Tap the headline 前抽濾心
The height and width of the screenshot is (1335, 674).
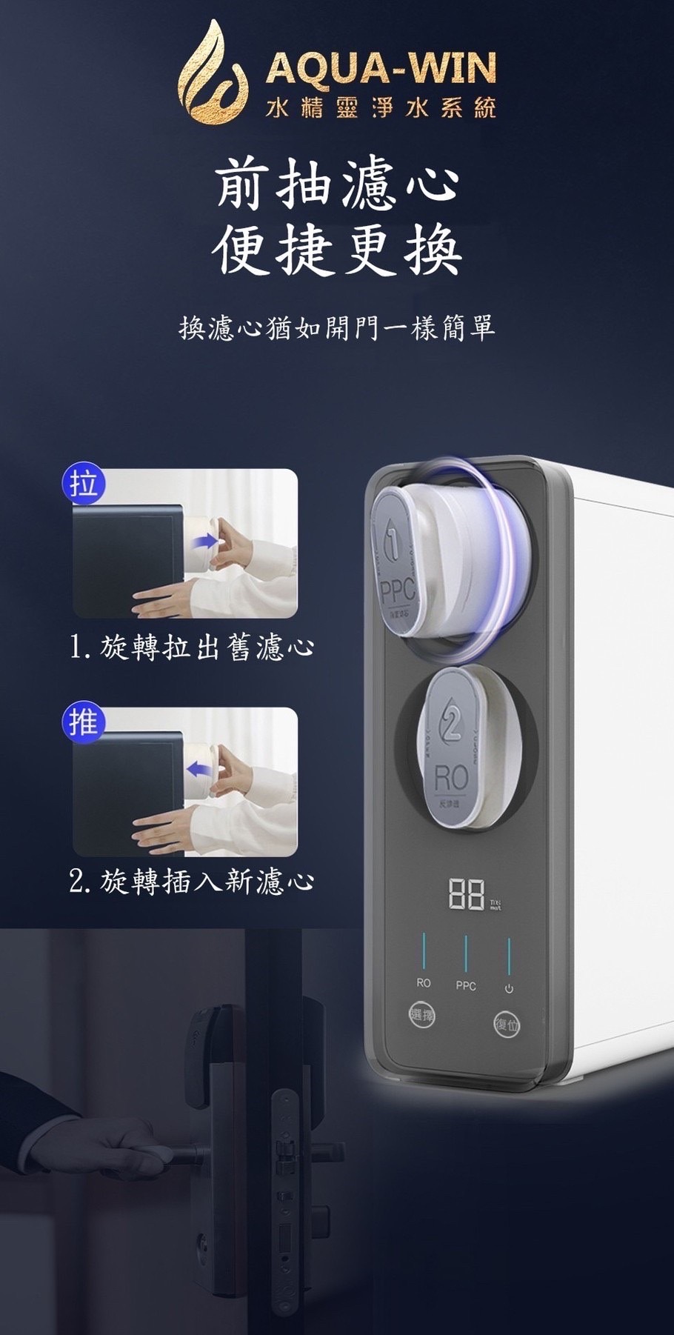coord(337,184)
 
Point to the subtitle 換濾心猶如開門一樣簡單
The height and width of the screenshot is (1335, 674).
coord(337,327)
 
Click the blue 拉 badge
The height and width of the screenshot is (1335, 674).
coord(84,485)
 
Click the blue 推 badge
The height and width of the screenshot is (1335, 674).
coord(84,722)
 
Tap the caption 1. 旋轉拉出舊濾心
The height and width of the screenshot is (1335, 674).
coord(191,647)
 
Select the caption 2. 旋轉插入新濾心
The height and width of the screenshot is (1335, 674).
coord(191,881)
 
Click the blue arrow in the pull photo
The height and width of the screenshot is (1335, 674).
coord(201,542)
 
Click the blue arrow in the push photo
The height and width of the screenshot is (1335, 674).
coord(198,770)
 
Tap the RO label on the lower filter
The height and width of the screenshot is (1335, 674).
coord(450,778)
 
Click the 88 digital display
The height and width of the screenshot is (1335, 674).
coord(467,895)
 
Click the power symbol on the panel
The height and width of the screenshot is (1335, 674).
coord(509,988)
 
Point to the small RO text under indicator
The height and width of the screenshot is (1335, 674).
coord(423,983)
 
